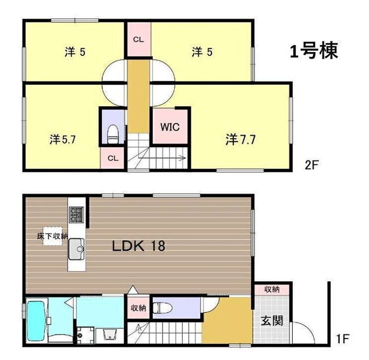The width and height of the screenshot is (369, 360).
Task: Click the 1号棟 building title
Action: (x=314, y=51)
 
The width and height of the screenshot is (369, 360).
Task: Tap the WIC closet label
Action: (x=170, y=127)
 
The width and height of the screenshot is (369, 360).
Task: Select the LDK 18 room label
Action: (x=139, y=246)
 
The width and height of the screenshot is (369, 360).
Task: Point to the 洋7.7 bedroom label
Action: (x=240, y=140)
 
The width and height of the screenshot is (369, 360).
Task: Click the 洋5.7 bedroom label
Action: (x=63, y=140)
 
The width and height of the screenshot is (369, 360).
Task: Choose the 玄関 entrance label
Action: (x=272, y=321)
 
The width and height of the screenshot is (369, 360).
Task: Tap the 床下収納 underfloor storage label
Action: (x=52, y=236)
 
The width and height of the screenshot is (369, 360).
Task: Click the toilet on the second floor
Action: (x=113, y=134)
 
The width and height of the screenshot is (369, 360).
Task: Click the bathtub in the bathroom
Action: (x=36, y=321)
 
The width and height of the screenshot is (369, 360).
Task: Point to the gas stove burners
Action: (x=76, y=214)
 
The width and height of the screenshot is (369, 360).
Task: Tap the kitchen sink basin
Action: (x=76, y=249)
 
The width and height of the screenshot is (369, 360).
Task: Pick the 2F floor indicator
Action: (x=311, y=165)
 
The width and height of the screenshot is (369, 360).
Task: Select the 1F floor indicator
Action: (x=343, y=339)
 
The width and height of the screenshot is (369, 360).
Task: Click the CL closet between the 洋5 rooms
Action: (x=139, y=39)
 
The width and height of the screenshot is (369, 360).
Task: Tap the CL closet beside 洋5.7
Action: (x=113, y=158)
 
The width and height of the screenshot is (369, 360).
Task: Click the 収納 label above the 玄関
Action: (x=272, y=289)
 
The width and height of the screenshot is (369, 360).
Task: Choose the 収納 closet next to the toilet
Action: (x=139, y=308)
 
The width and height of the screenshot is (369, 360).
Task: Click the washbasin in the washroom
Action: (x=110, y=335)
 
